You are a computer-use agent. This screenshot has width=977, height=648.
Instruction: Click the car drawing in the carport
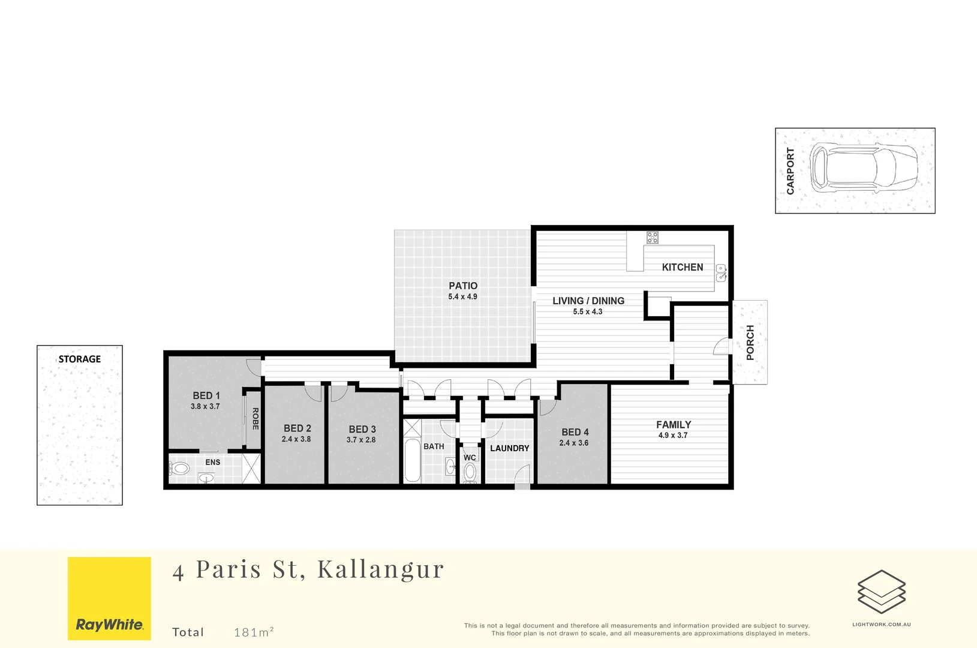pos(863,167)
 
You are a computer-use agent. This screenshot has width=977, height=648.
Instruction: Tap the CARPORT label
pos(790,171)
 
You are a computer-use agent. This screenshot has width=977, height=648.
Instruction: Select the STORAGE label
pos(80,359)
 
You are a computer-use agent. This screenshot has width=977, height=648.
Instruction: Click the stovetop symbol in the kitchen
pos(653,237)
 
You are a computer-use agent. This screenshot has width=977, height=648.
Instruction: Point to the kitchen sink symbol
pos(720,273)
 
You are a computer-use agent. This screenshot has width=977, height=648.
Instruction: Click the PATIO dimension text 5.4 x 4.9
pos(463,297)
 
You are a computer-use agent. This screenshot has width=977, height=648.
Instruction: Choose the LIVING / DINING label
pos(588,301)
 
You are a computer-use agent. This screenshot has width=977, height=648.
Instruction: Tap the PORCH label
pos(750,343)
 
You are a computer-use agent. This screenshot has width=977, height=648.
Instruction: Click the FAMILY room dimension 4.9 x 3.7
pos(673,436)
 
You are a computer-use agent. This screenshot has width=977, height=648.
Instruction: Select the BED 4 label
pos(575,432)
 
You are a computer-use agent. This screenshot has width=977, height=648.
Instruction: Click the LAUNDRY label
pos(510,448)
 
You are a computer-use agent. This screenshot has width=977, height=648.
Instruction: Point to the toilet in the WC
pos(470,472)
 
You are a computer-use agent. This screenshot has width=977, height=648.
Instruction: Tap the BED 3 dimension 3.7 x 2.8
pos(361,440)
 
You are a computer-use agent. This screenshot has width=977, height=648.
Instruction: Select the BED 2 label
pos(297,428)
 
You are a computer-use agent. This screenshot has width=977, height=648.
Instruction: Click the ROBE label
pos(255,419)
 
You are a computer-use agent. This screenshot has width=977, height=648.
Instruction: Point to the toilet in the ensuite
pos(179,469)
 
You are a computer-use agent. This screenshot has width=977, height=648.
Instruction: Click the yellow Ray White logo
pos(109,598)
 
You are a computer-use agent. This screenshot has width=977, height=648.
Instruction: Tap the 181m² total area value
pos(254,632)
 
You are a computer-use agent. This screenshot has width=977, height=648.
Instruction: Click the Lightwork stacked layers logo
pos(881,592)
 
